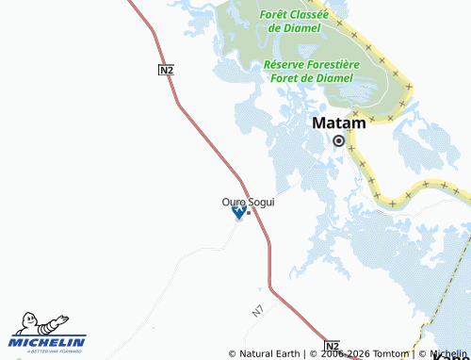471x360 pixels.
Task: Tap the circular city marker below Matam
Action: click(x=338, y=140)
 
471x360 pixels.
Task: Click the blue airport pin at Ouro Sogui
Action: click(x=238, y=213)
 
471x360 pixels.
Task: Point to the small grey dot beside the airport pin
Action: click(x=248, y=213)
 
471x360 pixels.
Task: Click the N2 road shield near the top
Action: click(x=166, y=70)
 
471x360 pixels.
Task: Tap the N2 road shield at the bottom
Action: click(x=332, y=345)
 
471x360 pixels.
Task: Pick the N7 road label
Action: click(x=258, y=309)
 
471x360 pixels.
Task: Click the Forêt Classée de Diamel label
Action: click(x=298, y=21)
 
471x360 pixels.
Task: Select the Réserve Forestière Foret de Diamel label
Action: click(x=310, y=71)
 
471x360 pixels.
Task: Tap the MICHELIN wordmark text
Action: click(x=48, y=342)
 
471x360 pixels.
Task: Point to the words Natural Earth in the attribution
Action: click(x=269, y=354)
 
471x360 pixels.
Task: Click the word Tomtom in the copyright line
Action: click(x=391, y=354)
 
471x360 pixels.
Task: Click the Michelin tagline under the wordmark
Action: click(x=48, y=352)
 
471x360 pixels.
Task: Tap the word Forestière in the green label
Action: click(x=333, y=64)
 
